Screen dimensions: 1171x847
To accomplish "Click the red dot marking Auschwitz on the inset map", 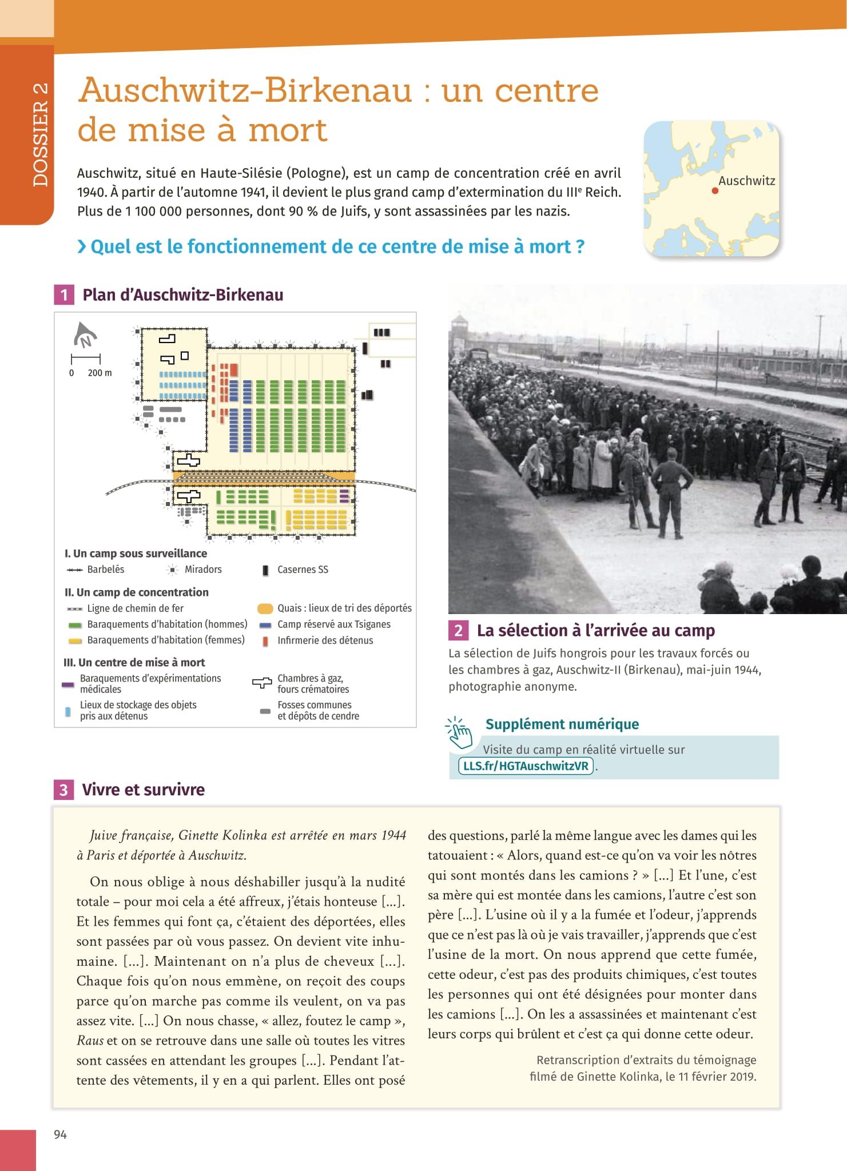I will coord(715,191).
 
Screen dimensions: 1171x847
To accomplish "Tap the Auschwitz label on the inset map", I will coord(746,181).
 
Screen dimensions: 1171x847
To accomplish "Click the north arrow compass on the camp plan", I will coord(85,336).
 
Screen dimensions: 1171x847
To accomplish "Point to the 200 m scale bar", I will coord(86,359).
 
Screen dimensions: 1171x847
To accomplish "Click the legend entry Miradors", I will coord(203,569).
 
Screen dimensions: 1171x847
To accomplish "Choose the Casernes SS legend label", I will coord(303,569).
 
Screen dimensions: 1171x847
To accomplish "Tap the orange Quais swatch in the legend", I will coord(265,608).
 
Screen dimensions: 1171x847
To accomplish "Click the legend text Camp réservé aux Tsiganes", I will coord(334,624).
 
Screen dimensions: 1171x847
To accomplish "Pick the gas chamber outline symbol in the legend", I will coord(262,683).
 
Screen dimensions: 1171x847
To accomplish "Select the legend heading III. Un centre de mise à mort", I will coord(134,662).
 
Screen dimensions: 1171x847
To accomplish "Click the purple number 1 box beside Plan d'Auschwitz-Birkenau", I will coord(64,295).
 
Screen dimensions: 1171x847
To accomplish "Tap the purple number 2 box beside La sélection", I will coord(458,630).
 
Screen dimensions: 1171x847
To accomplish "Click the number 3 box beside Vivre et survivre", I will coord(63,790).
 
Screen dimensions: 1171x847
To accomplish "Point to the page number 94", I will coord(60,1134).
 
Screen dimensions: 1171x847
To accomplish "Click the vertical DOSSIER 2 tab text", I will coord(41,135).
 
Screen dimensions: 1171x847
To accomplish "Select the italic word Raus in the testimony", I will coord(89,1041).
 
